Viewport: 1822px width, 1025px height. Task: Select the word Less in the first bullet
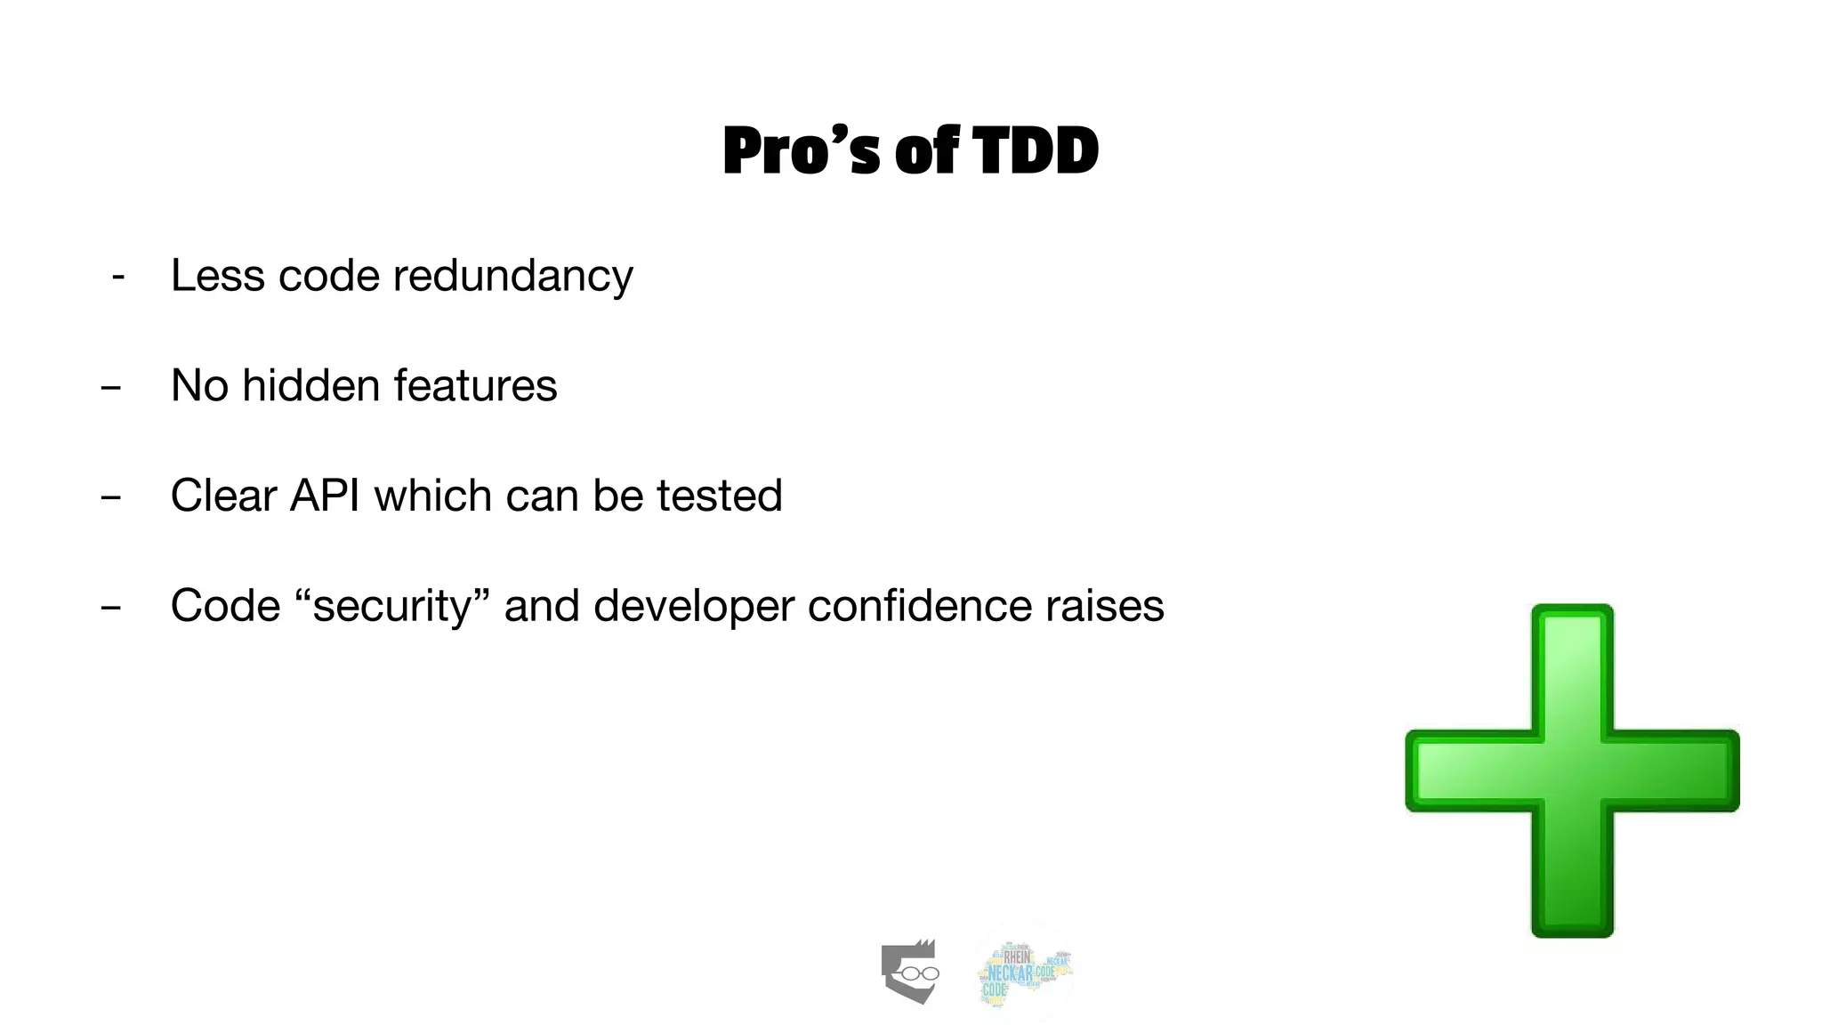[218, 276]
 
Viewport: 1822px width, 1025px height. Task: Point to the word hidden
[310, 386]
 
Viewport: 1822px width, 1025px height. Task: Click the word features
[475, 386]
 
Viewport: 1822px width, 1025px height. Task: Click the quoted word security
[392, 607]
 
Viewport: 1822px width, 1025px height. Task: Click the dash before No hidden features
[110, 388]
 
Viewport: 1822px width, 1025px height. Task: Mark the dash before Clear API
[110, 498]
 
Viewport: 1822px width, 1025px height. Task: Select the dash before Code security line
[110, 609]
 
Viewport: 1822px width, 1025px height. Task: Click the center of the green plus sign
[1572, 771]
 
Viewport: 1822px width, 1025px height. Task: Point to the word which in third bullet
[433, 496]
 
